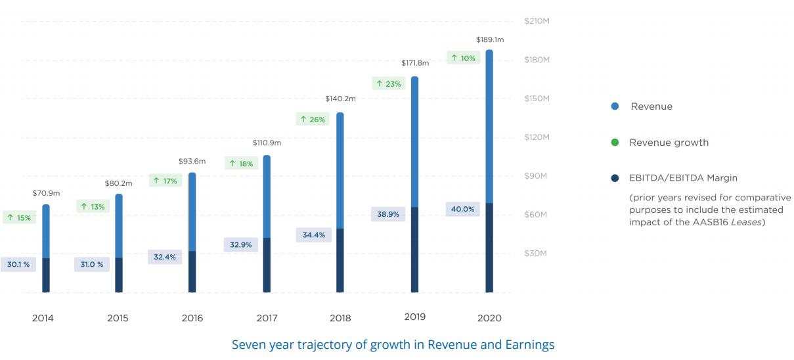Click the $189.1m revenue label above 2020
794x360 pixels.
[489, 39]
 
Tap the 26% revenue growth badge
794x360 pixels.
[312, 120]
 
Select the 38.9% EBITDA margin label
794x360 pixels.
[388, 214]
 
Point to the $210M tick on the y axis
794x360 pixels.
[537, 21]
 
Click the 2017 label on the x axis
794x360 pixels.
[267, 318]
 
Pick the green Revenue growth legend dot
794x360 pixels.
[614, 143]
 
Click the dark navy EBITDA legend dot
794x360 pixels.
[614, 178]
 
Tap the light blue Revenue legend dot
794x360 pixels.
[614, 106]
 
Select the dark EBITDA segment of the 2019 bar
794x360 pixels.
[414, 250]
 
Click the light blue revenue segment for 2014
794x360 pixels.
[46, 231]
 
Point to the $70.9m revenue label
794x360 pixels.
[46, 194]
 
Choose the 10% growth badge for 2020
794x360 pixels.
[463, 58]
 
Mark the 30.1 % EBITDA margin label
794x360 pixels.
[18, 265]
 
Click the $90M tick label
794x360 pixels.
[535, 176]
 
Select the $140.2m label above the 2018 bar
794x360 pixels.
[340, 99]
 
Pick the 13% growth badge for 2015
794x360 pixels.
[93, 207]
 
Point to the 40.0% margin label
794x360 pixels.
[462, 210]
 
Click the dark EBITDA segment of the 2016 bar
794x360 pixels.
[192, 271]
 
